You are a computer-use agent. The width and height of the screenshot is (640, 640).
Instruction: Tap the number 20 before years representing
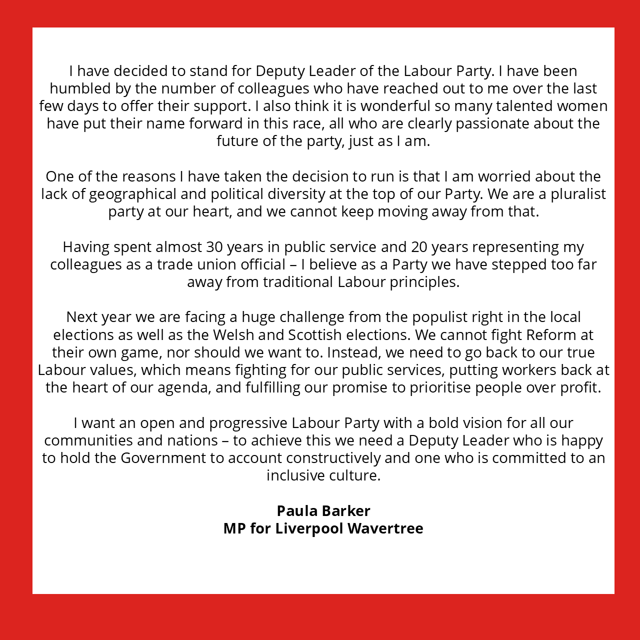click(419, 247)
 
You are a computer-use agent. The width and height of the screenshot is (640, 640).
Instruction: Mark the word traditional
click(298, 282)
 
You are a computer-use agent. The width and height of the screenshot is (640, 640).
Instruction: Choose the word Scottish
click(315, 334)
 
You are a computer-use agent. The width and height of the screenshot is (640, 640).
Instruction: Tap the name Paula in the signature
click(296, 511)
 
